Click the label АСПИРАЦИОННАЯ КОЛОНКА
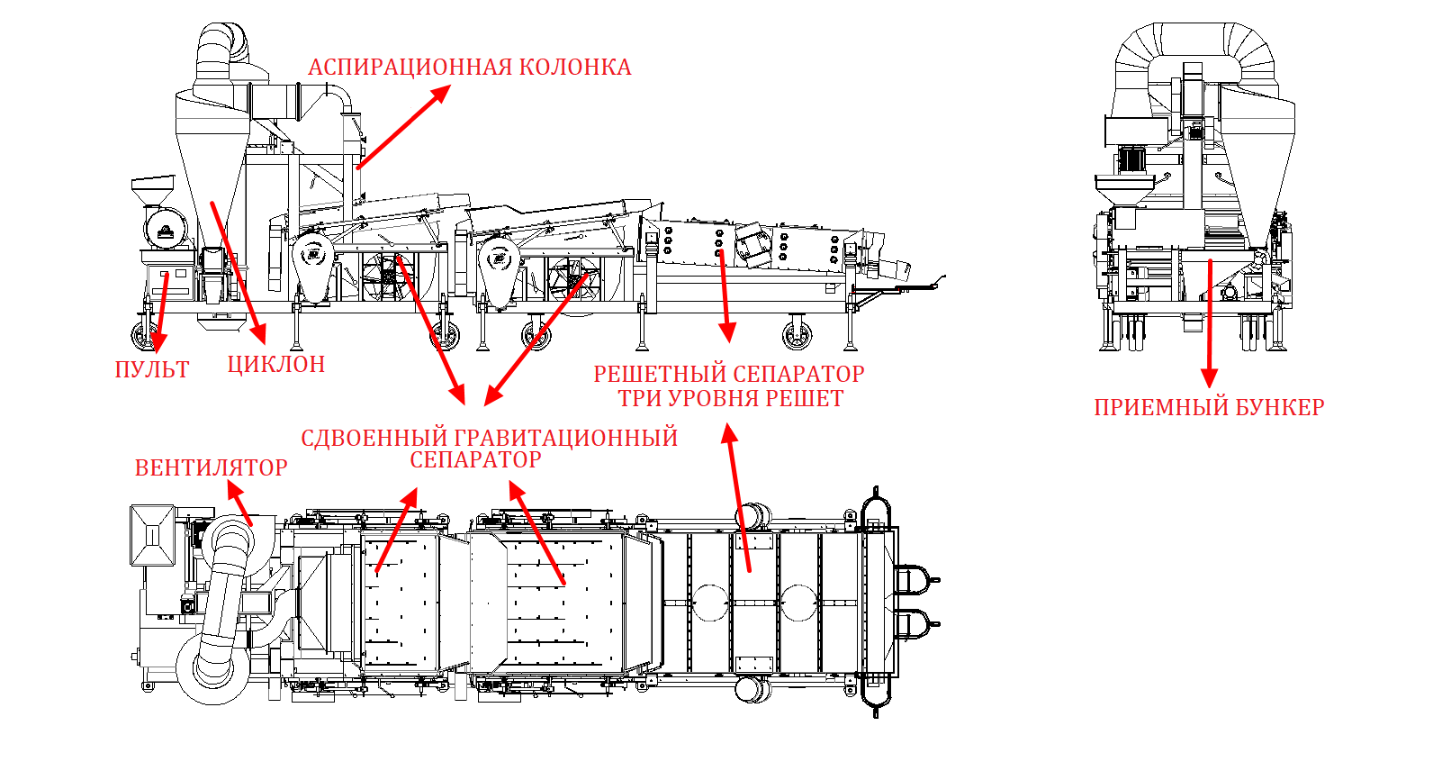(x=469, y=67)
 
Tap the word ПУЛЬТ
(x=152, y=369)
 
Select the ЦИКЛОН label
(x=276, y=365)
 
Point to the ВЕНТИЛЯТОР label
(x=212, y=467)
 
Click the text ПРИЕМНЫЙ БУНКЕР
(x=1209, y=408)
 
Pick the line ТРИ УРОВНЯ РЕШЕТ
(x=731, y=399)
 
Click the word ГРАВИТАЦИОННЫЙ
(x=566, y=438)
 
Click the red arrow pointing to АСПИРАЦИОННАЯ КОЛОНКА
(x=403, y=127)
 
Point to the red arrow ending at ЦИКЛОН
(x=239, y=272)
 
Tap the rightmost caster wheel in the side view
(x=797, y=333)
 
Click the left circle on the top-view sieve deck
(x=710, y=603)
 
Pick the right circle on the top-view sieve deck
(x=799, y=603)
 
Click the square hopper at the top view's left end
(x=152, y=535)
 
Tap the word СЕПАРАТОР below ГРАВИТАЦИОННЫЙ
(x=476, y=460)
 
